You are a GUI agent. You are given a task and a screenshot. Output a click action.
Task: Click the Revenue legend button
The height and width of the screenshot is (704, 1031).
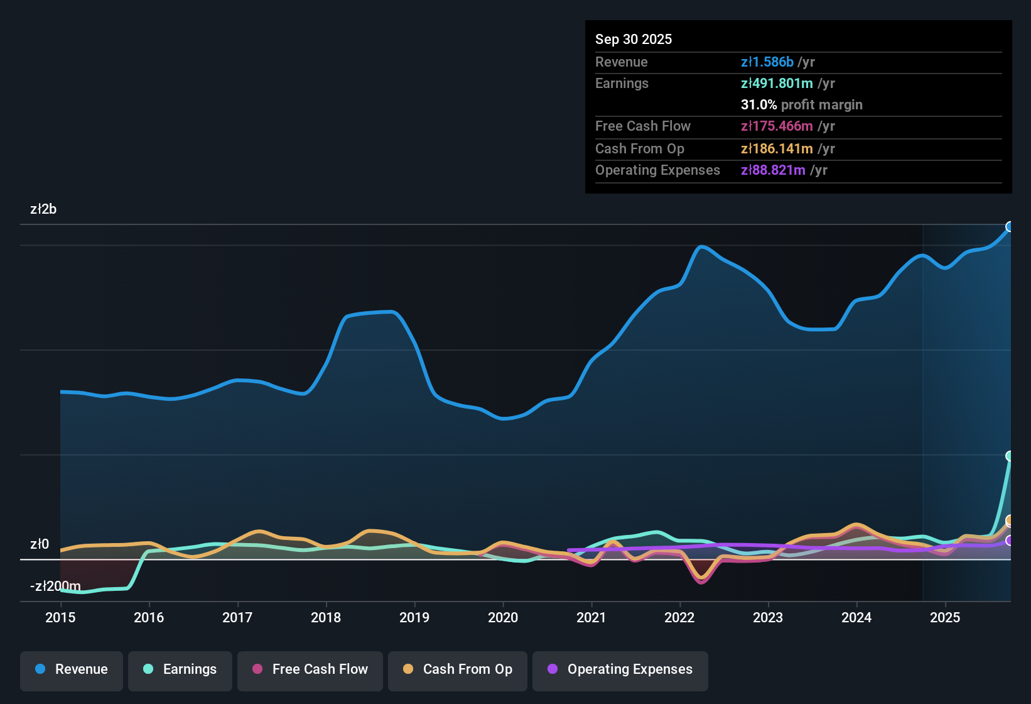click(x=72, y=669)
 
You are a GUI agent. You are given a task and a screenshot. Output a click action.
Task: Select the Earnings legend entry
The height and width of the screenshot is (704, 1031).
click(x=180, y=669)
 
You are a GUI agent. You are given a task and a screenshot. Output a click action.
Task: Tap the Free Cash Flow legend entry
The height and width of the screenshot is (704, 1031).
click(x=310, y=669)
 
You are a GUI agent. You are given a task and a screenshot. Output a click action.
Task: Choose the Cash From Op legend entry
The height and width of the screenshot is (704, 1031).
click(x=458, y=669)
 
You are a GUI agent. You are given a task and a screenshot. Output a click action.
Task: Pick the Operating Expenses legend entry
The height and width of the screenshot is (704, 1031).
click(x=620, y=669)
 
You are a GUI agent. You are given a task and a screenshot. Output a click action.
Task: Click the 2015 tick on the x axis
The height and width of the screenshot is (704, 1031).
click(x=60, y=617)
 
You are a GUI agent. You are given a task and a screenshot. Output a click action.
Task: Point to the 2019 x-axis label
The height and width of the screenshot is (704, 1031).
click(x=414, y=617)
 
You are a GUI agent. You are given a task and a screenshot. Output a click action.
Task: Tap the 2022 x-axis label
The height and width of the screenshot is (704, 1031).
click(x=679, y=617)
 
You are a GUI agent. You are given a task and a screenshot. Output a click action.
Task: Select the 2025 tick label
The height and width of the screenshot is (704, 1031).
click(x=945, y=617)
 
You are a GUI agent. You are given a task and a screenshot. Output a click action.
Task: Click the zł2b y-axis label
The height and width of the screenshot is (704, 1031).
click(x=43, y=209)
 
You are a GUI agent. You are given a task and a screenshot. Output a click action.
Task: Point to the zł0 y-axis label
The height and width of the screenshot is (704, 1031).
click(x=40, y=544)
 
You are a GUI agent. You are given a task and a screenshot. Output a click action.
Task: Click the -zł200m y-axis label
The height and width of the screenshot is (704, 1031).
click(x=55, y=586)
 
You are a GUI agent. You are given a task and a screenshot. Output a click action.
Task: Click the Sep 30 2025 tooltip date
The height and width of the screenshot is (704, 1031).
click(x=634, y=40)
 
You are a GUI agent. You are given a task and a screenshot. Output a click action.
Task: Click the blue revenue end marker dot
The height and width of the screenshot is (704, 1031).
click(x=1010, y=227)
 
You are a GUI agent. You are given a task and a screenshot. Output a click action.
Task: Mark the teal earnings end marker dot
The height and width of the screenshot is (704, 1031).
click(x=1010, y=456)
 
